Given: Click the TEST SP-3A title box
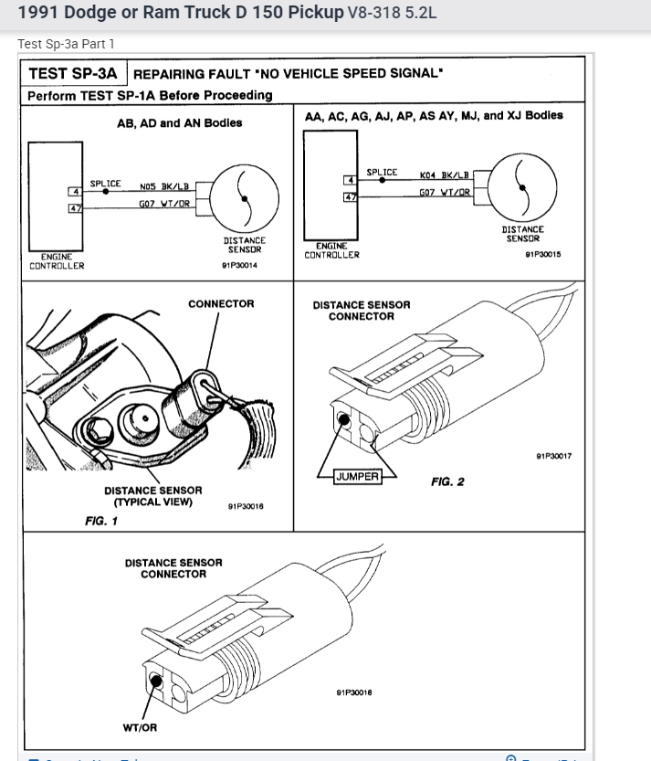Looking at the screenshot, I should pyautogui.click(x=73, y=73).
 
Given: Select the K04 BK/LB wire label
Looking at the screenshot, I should pyautogui.click(x=445, y=174).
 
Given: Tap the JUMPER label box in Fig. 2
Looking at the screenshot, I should pyautogui.click(x=357, y=476).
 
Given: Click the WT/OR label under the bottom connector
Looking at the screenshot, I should pyautogui.click(x=141, y=727).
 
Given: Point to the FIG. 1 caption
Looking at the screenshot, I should pyautogui.click(x=101, y=521).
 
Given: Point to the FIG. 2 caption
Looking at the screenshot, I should pyautogui.click(x=447, y=481).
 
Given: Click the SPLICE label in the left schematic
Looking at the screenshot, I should pyautogui.click(x=105, y=184).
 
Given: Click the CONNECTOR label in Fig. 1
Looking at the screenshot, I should pyautogui.click(x=221, y=303).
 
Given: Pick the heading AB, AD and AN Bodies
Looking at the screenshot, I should pyautogui.click(x=180, y=123).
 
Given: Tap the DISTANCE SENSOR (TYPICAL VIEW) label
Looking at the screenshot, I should pyautogui.click(x=152, y=496).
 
